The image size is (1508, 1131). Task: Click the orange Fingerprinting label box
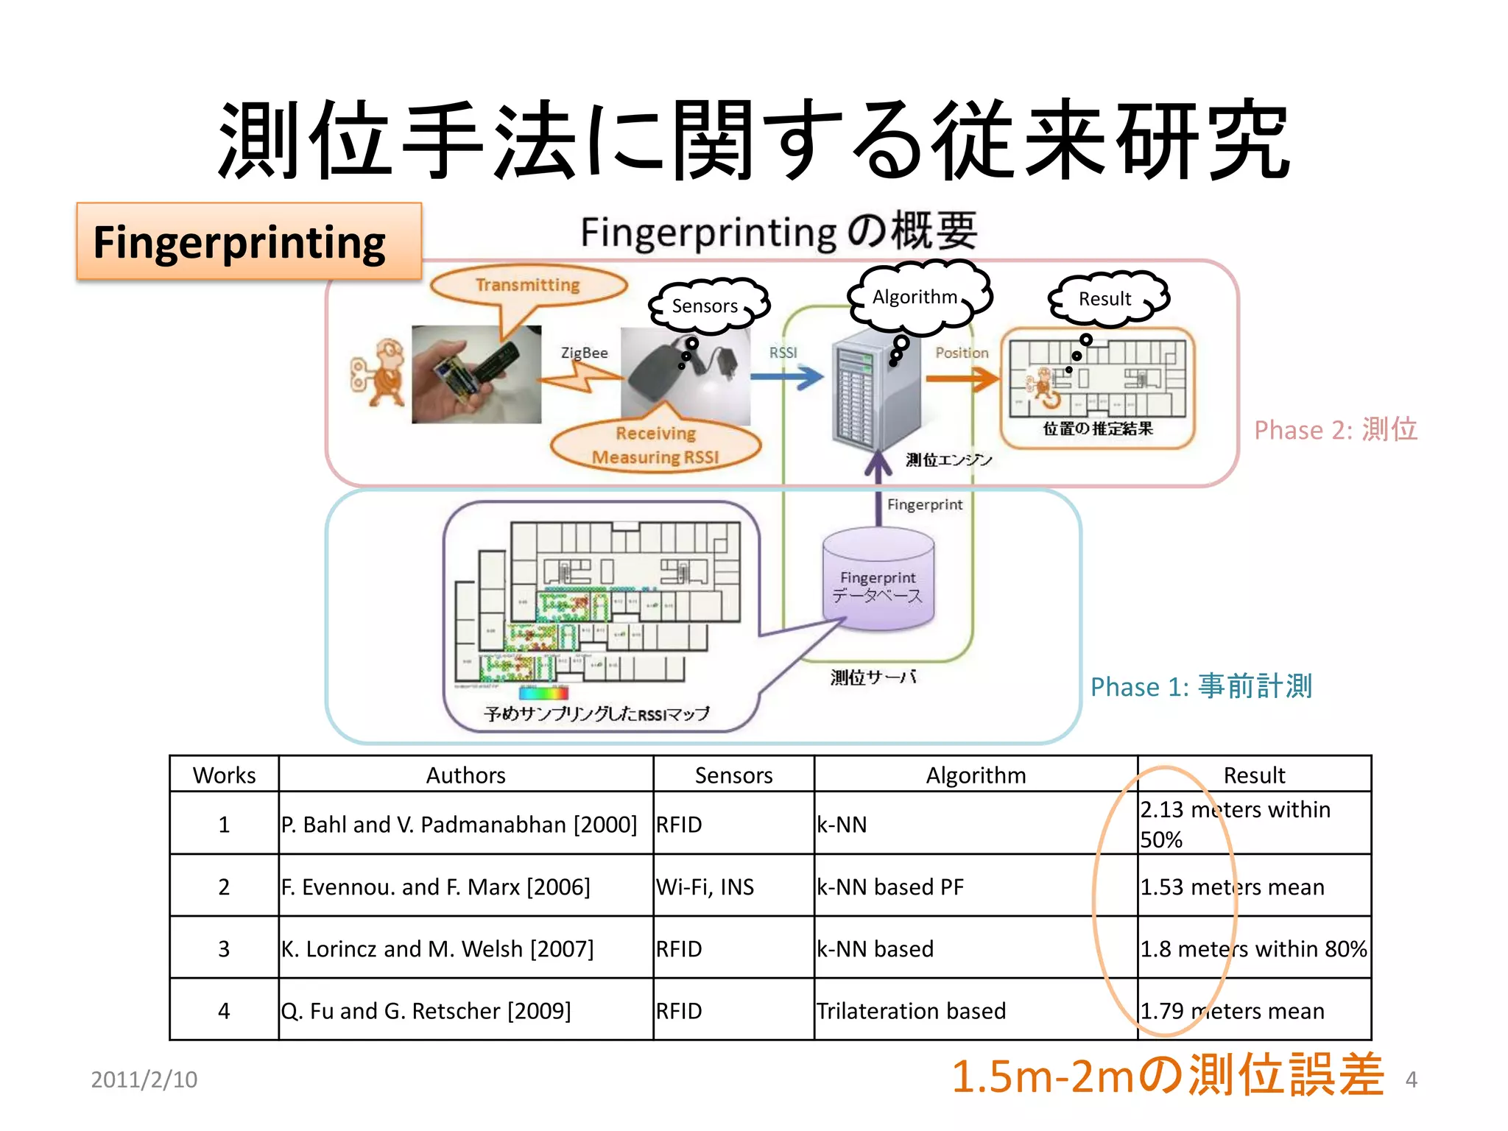click(x=249, y=242)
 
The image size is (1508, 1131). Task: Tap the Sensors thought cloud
click(x=707, y=305)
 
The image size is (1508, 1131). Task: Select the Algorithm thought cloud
click(x=918, y=296)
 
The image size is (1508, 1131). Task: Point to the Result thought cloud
click(x=1107, y=298)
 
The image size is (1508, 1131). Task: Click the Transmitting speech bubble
click(x=528, y=286)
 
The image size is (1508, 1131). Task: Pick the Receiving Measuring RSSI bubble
click(x=655, y=445)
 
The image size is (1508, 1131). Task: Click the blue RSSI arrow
click(x=786, y=377)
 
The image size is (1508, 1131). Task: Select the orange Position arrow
click(x=961, y=378)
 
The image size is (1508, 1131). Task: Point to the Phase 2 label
click(x=1335, y=429)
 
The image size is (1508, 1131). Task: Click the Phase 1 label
click(x=1201, y=686)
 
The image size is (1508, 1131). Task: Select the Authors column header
click(x=465, y=775)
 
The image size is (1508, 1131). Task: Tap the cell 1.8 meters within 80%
click(x=1253, y=948)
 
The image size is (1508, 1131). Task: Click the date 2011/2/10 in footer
click(x=144, y=1079)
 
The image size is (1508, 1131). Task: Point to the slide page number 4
click(x=1411, y=1079)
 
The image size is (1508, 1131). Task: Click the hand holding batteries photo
click(x=476, y=375)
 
